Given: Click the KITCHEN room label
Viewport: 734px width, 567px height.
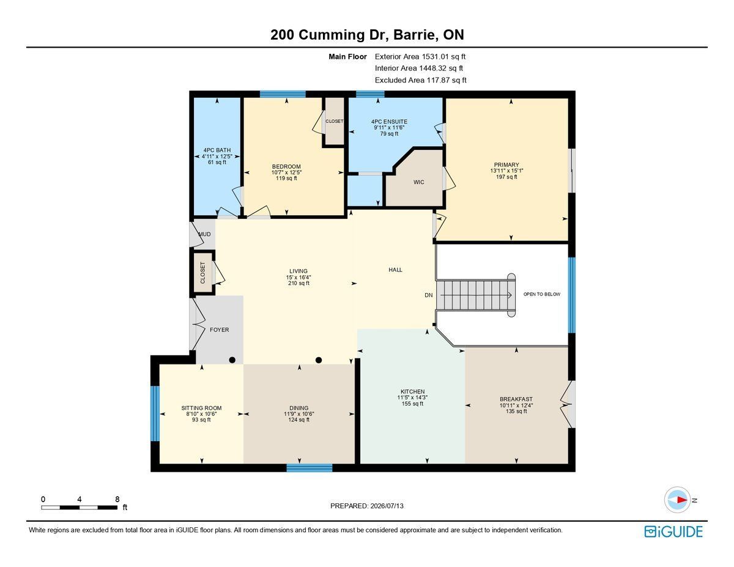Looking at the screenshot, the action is (x=412, y=391).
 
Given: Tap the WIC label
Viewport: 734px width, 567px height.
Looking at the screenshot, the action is (x=419, y=182).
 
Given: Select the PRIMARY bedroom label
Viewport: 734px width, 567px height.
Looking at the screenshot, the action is (x=506, y=165).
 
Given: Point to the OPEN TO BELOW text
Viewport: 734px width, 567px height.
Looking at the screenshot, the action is (x=541, y=294).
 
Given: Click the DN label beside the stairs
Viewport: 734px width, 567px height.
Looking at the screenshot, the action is (x=429, y=295).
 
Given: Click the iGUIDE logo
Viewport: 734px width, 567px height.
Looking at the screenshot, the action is (x=673, y=532).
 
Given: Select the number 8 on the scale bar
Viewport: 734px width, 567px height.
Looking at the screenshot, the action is (x=117, y=499).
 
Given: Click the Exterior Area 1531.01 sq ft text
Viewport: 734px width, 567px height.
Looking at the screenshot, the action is (x=420, y=57).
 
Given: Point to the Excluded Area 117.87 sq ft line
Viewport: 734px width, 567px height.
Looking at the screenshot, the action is (x=421, y=80).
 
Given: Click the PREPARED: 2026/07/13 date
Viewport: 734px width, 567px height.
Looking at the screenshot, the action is (x=367, y=506).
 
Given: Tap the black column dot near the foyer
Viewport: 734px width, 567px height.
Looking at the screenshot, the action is (x=232, y=360).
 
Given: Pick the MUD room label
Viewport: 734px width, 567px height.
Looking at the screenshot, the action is (x=204, y=234).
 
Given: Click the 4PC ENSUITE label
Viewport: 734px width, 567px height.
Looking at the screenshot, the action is (x=389, y=122).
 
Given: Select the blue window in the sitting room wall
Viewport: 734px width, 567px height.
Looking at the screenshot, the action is (x=155, y=413).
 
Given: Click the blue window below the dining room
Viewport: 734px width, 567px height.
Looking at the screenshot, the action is (x=310, y=468).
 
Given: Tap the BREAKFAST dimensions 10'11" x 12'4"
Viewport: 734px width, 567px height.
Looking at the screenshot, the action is (x=516, y=406).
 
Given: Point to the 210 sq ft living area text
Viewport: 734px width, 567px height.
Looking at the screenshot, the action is (x=298, y=283).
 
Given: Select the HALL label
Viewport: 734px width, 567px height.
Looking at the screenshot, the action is (x=395, y=270).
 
